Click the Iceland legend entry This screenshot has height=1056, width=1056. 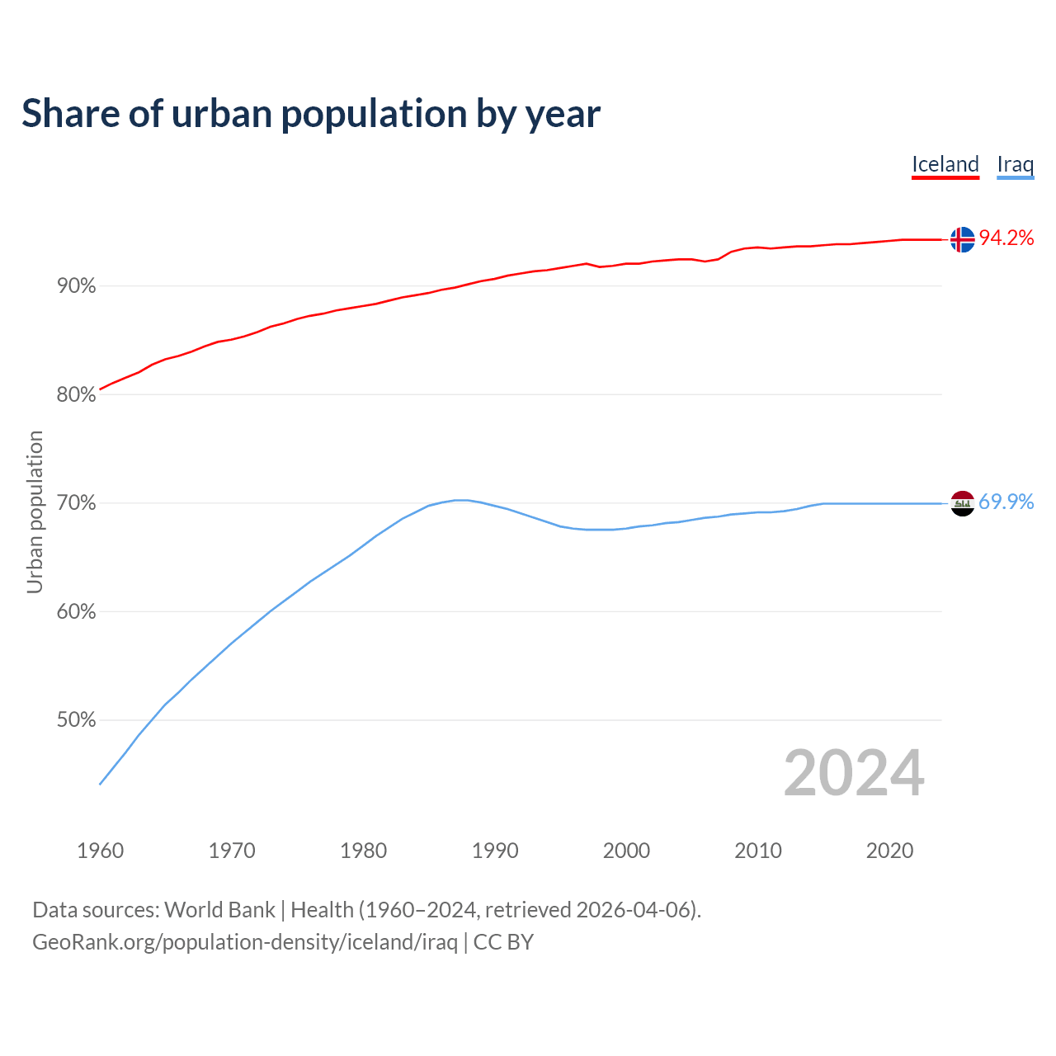[945, 164]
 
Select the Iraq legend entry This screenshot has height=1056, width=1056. [1015, 164]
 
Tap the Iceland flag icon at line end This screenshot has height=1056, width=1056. [962, 239]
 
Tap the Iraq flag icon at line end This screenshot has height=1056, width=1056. [962, 503]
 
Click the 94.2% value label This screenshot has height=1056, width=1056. [1006, 238]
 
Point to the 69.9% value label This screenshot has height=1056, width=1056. [1006, 502]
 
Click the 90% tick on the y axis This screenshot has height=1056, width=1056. [77, 286]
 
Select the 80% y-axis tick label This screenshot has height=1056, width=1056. [77, 395]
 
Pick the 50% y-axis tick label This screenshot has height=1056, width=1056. [77, 720]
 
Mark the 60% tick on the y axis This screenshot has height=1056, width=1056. [77, 612]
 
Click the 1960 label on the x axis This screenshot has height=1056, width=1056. [100, 851]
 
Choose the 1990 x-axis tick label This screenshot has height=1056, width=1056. [495, 851]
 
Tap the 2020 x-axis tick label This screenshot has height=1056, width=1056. [889, 851]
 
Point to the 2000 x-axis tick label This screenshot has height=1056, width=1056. [626, 851]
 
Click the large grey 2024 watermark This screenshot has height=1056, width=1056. [854, 773]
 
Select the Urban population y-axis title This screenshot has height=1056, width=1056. [35, 511]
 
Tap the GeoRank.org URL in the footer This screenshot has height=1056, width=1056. [245, 942]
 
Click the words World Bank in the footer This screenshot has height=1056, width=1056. [219, 910]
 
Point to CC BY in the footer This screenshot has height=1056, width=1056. [503, 942]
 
